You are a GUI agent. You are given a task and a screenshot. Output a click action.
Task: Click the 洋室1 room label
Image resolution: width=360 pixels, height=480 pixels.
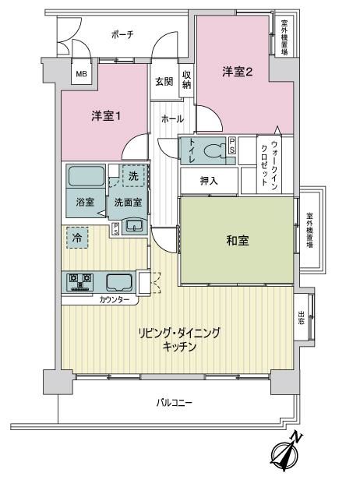click(x=106, y=116)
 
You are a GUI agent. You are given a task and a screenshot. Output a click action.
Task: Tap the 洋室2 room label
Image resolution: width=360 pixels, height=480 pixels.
click(x=238, y=72)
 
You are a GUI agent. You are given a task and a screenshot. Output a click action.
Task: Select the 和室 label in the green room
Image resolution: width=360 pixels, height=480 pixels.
click(x=238, y=241)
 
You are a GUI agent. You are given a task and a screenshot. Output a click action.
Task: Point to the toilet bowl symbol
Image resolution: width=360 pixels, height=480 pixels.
click(x=215, y=151)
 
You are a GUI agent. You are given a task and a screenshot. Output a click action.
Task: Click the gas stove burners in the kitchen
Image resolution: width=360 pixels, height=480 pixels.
click(x=80, y=282)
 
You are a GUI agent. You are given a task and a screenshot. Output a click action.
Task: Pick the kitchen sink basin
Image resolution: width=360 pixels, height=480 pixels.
click(x=119, y=282)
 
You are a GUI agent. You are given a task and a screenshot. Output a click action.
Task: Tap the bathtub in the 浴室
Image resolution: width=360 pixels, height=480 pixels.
click(x=86, y=176)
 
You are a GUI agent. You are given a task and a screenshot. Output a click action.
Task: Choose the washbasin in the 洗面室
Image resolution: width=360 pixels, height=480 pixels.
click(x=134, y=226)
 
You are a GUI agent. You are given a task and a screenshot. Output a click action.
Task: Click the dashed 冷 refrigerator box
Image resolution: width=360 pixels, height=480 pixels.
click(x=77, y=237)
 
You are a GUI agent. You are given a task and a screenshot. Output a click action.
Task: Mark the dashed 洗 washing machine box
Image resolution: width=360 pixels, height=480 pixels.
click(x=133, y=176)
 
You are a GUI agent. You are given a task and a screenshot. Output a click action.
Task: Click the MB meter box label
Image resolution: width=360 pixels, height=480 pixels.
click(x=81, y=74)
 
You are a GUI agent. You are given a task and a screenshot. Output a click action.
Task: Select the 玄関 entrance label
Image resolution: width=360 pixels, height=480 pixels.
click(x=164, y=81)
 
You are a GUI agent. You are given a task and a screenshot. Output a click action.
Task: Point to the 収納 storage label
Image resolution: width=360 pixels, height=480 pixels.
click(x=187, y=80)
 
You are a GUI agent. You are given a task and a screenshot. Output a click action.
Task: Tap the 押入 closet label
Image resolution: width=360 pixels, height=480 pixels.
click(x=209, y=181)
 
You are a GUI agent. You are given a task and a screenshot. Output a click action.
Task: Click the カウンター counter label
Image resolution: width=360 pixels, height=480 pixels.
click(x=115, y=300)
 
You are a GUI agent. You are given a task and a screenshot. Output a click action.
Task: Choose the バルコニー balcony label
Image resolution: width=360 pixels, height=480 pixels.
click(x=175, y=402)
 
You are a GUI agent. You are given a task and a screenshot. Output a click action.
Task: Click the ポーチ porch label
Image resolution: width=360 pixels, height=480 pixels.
click(x=122, y=34)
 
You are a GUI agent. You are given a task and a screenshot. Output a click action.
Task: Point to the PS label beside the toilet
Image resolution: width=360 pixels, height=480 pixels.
click(x=233, y=146)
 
